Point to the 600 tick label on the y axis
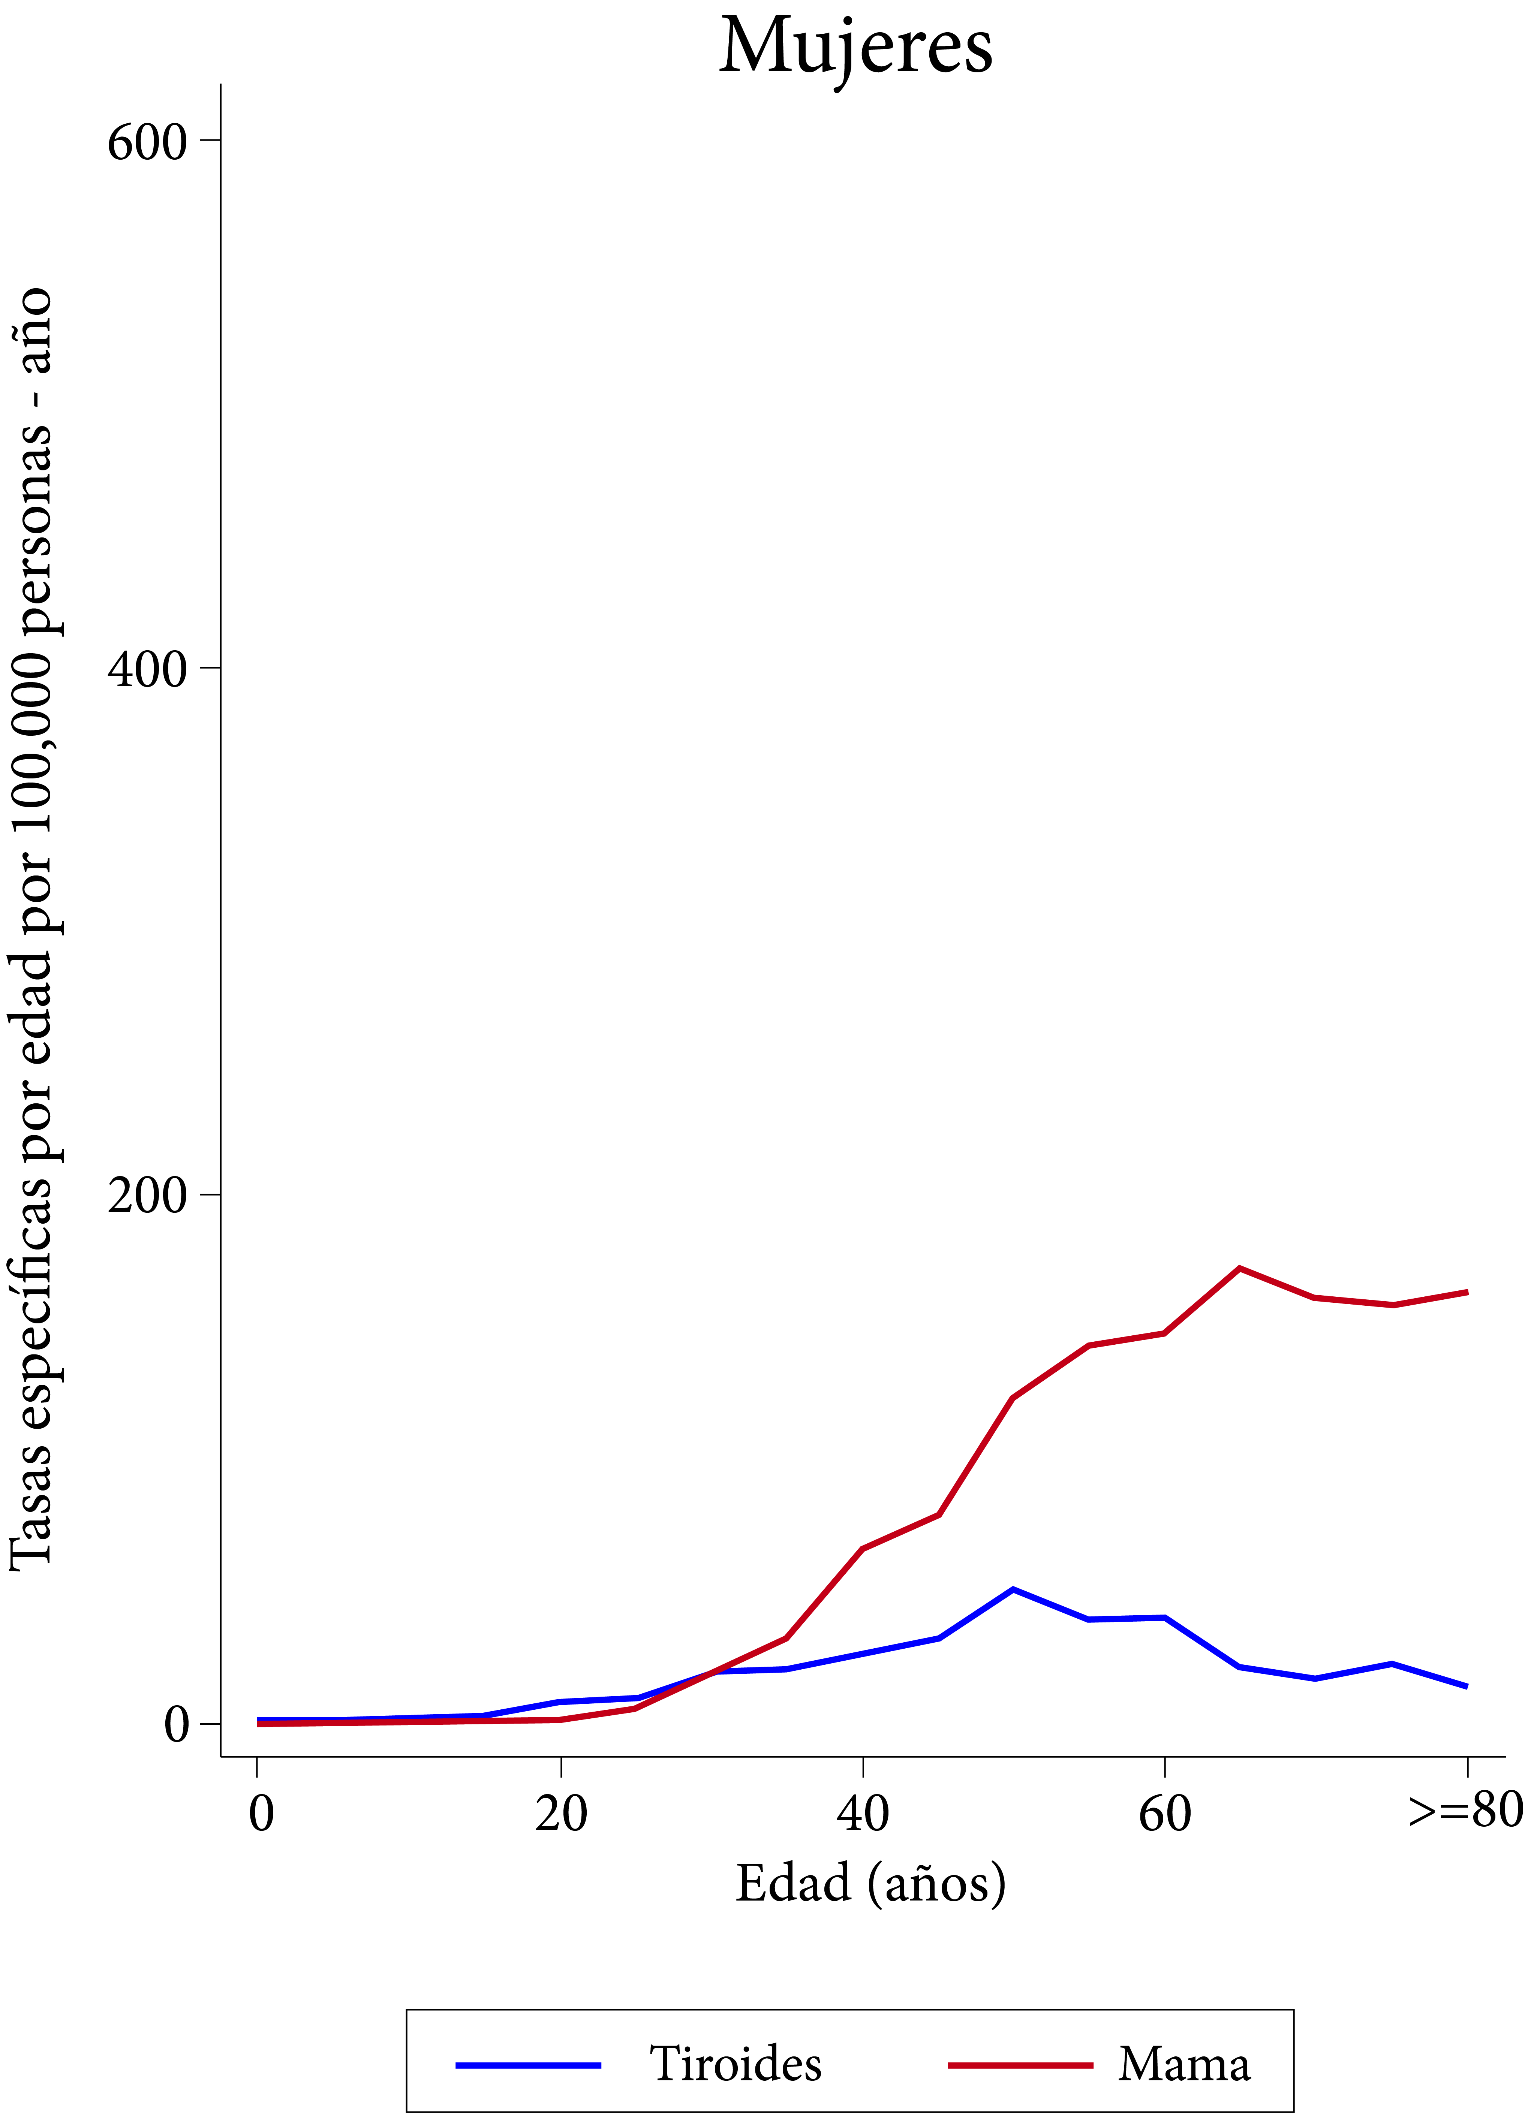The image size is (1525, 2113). pos(147,142)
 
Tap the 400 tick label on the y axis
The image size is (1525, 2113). pos(147,669)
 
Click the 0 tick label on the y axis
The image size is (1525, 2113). pos(177,1724)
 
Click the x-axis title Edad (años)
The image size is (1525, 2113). pos(870,1884)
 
